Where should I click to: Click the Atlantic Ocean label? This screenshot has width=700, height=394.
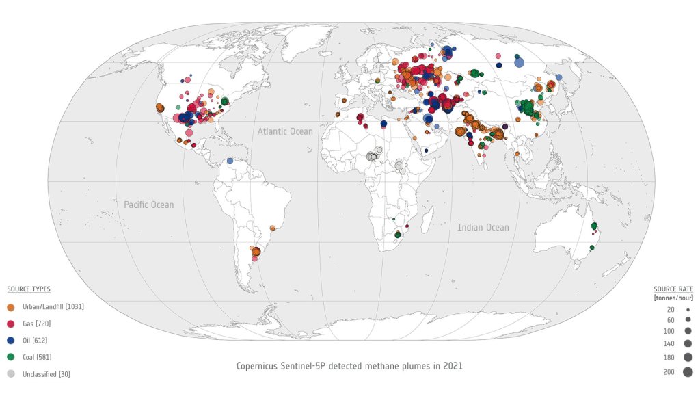pyautogui.click(x=285, y=131)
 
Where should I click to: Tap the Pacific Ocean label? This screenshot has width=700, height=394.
pyautogui.click(x=148, y=205)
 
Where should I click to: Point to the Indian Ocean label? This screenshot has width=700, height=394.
pyautogui.click(x=483, y=227)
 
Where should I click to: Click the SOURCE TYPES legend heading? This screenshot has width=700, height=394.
pyautogui.click(x=29, y=289)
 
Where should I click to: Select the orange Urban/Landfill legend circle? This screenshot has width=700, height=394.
pyautogui.click(x=10, y=306)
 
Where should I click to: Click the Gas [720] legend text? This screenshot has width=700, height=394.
pyautogui.click(x=37, y=324)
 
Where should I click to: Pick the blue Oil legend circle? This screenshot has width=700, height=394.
pyautogui.click(x=10, y=340)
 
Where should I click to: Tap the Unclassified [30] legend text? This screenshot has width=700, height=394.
pyautogui.click(x=47, y=374)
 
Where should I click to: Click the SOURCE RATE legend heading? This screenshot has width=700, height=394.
pyautogui.click(x=673, y=289)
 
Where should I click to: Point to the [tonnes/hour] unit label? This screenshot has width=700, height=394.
pyautogui.click(x=673, y=298)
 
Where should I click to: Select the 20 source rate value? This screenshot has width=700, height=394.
pyautogui.click(x=671, y=310)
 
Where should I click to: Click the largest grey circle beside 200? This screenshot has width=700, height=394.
pyautogui.click(x=688, y=372)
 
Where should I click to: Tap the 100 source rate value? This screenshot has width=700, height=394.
pyautogui.click(x=669, y=331)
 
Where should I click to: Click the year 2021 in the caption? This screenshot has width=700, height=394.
pyautogui.click(x=453, y=366)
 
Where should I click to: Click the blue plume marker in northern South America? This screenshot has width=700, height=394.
pyautogui.click(x=230, y=162)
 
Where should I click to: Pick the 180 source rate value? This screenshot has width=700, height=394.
pyautogui.click(x=669, y=358)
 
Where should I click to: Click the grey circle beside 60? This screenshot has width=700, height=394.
pyautogui.click(x=688, y=320)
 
